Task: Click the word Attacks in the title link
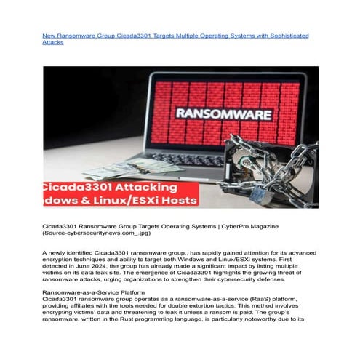tap(53, 42)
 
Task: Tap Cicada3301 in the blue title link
tap(129, 35)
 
